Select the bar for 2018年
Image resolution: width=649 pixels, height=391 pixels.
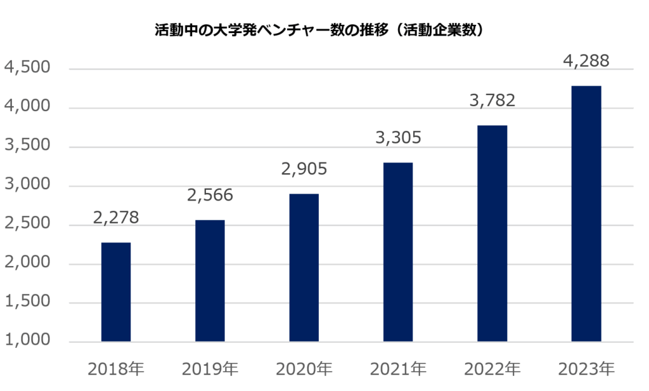pyautogui.click(x=116, y=292)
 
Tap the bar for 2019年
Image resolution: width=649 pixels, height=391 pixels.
pyautogui.click(x=210, y=281)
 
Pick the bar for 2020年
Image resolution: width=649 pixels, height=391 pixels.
pyautogui.click(x=304, y=267)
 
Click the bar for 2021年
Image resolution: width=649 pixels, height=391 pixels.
pyautogui.click(x=398, y=252)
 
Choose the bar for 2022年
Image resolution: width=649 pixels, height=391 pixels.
pyautogui.click(x=492, y=234)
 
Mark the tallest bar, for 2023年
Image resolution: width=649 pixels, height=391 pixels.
pyautogui.click(x=586, y=214)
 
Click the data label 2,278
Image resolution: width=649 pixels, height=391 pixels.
pyautogui.click(x=115, y=218)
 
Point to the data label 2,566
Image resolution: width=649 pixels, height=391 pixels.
pyautogui.click(x=210, y=195)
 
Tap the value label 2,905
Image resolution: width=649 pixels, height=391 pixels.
pyautogui.click(x=304, y=169)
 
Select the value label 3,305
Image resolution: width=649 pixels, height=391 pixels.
pyautogui.click(x=398, y=138)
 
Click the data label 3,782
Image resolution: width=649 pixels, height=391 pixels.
pyautogui.click(x=492, y=100)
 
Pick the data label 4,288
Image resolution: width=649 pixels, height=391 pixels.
pyautogui.click(x=586, y=62)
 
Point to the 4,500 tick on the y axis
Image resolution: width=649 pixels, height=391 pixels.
pyautogui.click(x=27, y=69)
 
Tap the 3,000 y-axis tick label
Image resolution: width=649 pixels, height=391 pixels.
pyautogui.click(x=27, y=185)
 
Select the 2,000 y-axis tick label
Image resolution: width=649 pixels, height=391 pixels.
pyautogui.click(x=27, y=263)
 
